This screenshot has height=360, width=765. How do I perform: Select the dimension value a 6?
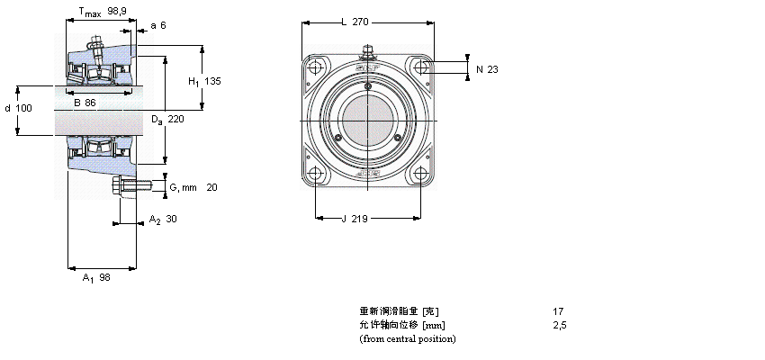tap(158, 25)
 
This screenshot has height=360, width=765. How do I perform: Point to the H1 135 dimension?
tap(203, 82)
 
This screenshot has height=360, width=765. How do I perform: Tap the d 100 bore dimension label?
tap(18, 108)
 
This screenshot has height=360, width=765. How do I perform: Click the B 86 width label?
tap(85, 103)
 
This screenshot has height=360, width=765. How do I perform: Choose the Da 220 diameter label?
tap(167, 120)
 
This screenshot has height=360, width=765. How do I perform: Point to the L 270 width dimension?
tap(355, 22)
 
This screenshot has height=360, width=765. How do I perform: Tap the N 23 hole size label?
tap(486, 69)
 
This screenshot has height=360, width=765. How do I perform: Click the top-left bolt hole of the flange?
tap(315, 68)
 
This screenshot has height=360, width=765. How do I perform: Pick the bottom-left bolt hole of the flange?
tap(315, 175)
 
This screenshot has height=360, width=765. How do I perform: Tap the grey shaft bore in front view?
tap(367, 121)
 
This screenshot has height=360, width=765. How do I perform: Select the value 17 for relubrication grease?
tap(558, 311)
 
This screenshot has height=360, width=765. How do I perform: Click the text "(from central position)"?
tap(407, 338)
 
